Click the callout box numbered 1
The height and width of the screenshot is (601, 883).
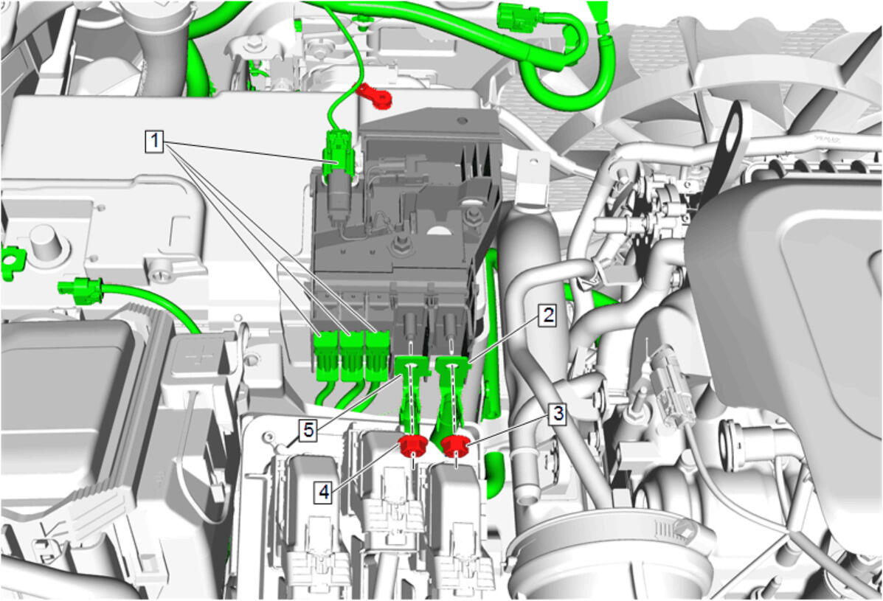tap(154, 141)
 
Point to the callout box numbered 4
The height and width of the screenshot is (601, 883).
tap(324, 493)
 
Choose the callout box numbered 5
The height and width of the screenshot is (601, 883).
tap(308, 431)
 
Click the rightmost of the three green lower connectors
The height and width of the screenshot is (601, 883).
tap(377, 355)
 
